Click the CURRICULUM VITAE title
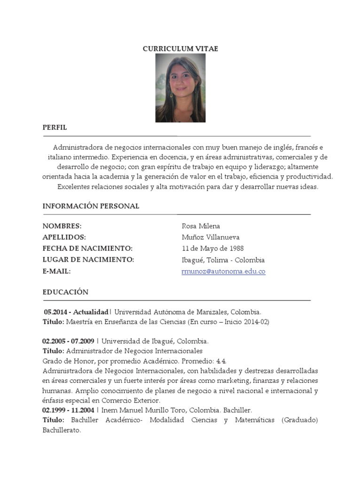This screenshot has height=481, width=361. pyautogui.click(x=180, y=49)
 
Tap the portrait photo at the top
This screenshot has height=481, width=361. pyautogui.click(x=180, y=88)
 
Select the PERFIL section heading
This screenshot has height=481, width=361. pyautogui.click(x=55, y=127)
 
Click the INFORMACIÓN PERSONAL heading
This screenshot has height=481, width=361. pyautogui.click(x=91, y=206)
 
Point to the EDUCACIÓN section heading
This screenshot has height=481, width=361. pyautogui.click(x=65, y=292)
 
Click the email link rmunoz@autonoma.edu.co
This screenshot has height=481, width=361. pyautogui.click(x=223, y=272)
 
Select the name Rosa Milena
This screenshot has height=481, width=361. pyautogui.click(x=201, y=226)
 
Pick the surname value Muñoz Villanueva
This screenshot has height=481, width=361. pyautogui.click(x=211, y=237)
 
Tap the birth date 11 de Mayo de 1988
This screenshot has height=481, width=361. pyautogui.click(x=212, y=248)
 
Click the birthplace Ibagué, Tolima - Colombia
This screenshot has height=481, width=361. pyautogui.click(x=223, y=260)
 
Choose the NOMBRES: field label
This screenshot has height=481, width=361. pyautogui.click(x=62, y=226)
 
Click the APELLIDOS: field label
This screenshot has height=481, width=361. pyautogui.click(x=64, y=237)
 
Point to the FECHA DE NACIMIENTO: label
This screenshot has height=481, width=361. pyautogui.click(x=87, y=248)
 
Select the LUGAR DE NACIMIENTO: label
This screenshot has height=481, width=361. pyautogui.click(x=88, y=260)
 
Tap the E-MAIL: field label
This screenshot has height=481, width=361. pyautogui.click(x=56, y=272)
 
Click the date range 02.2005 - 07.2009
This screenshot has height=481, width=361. pyautogui.click(x=68, y=341)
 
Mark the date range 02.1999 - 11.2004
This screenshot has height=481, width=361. pyautogui.click(x=68, y=410)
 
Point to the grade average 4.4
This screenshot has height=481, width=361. pyautogui.click(x=221, y=361)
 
